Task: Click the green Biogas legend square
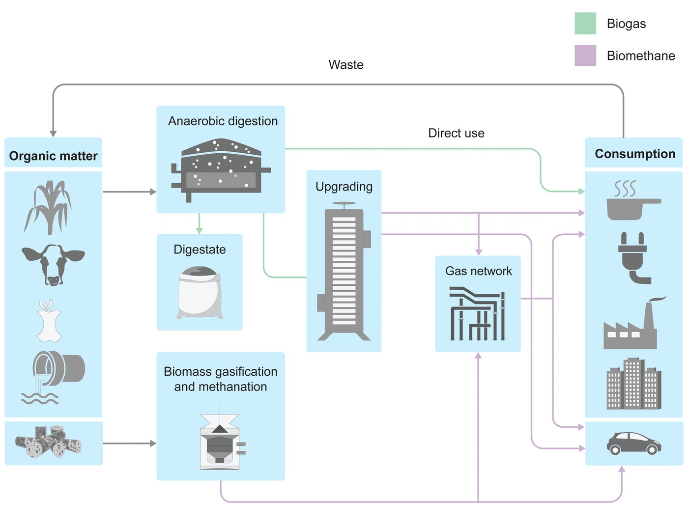click(585, 23)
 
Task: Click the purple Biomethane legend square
click(585, 55)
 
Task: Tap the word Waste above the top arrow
click(346, 64)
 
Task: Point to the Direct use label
click(456, 133)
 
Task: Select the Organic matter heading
click(53, 156)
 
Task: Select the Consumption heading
click(635, 154)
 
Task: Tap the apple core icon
click(49, 321)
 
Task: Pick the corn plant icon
click(48, 207)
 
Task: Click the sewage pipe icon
click(53, 377)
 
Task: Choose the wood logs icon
click(48, 442)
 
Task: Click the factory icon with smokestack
click(634, 323)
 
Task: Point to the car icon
click(633, 443)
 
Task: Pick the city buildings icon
click(633, 384)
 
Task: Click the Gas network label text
click(478, 271)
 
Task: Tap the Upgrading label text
click(344, 187)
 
